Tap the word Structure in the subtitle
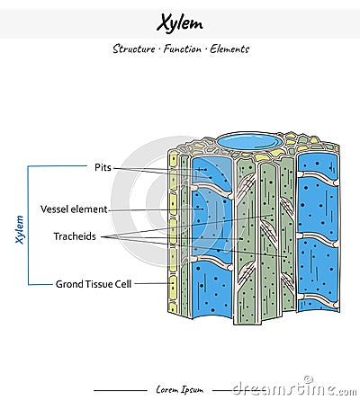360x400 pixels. tap(132, 49)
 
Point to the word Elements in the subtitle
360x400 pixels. tap(229, 49)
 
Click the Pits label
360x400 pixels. tap(102, 167)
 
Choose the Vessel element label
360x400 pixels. tap(74, 209)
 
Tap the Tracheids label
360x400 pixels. tap(76, 237)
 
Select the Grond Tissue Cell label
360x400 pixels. tap(94, 284)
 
